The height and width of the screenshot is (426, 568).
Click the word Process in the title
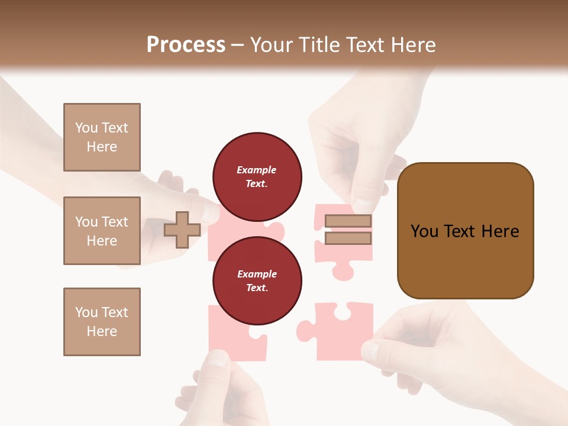click(x=186, y=45)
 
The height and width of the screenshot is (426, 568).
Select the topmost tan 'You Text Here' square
click(x=102, y=137)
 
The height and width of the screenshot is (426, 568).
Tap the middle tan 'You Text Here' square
click(x=102, y=231)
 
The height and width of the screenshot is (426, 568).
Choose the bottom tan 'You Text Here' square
click(x=102, y=322)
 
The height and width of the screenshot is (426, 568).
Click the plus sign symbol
click(x=182, y=230)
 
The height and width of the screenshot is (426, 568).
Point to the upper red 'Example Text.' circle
click(x=257, y=176)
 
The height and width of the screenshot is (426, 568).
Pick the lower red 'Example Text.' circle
click(x=257, y=280)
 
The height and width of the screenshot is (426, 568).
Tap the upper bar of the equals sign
click(x=348, y=221)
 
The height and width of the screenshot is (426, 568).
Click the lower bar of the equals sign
click(x=348, y=238)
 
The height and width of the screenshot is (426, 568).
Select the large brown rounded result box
click(x=465, y=231)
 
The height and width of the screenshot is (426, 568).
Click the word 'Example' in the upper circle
click(x=257, y=170)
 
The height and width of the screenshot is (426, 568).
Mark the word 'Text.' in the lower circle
click(x=257, y=288)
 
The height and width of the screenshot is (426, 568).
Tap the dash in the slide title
click(x=238, y=45)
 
